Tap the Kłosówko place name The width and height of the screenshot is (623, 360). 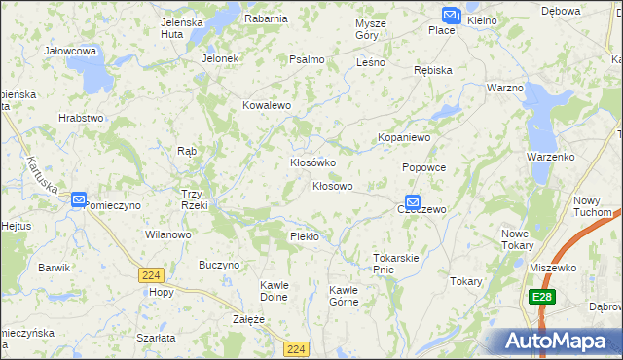312,162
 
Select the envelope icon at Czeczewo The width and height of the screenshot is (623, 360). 413,202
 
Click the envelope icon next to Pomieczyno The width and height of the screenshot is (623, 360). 79,199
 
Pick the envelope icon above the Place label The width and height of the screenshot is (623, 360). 449,16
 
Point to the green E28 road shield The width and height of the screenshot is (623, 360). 542,296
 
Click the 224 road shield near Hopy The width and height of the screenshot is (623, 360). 149,275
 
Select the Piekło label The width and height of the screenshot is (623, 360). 305,236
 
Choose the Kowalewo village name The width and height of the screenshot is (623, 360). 267,105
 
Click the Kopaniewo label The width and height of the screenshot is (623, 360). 404,138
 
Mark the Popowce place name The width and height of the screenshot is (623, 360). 423,167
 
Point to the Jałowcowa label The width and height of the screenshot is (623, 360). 70,50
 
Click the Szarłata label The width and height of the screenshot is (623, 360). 156,337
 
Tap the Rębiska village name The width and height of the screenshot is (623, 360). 432,70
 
